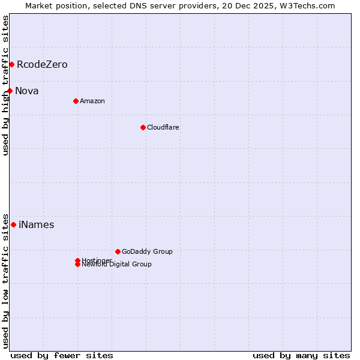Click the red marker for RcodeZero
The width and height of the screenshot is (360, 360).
click(x=11, y=64)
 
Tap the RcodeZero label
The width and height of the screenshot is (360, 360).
click(x=42, y=65)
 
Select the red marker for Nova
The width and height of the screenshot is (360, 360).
click(x=10, y=91)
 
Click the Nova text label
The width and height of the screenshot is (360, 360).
click(x=27, y=91)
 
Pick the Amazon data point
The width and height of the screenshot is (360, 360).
click(x=76, y=101)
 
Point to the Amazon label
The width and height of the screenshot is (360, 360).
click(x=92, y=101)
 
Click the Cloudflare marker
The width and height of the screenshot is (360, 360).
click(x=143, y=127)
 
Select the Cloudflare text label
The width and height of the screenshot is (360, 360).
click(x=163, y=127)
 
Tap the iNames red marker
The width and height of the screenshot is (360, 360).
click(x=13, y=224)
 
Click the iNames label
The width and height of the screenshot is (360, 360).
click(x=37, y=225)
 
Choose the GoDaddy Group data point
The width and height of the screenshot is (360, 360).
click(x=118, y=251)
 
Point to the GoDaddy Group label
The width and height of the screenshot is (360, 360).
click(x=147, y=251)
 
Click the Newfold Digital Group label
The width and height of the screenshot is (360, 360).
click(x=117, y=265)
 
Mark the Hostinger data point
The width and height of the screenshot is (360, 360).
click(x=77, y=260)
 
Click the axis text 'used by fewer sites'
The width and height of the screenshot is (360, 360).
click(x=62, y=356)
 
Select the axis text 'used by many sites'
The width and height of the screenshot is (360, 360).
click(x=301, y=356)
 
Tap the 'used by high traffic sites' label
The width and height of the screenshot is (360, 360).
click(x=6, y=85)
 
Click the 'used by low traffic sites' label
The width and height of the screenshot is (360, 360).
click(x=6, y=281)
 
